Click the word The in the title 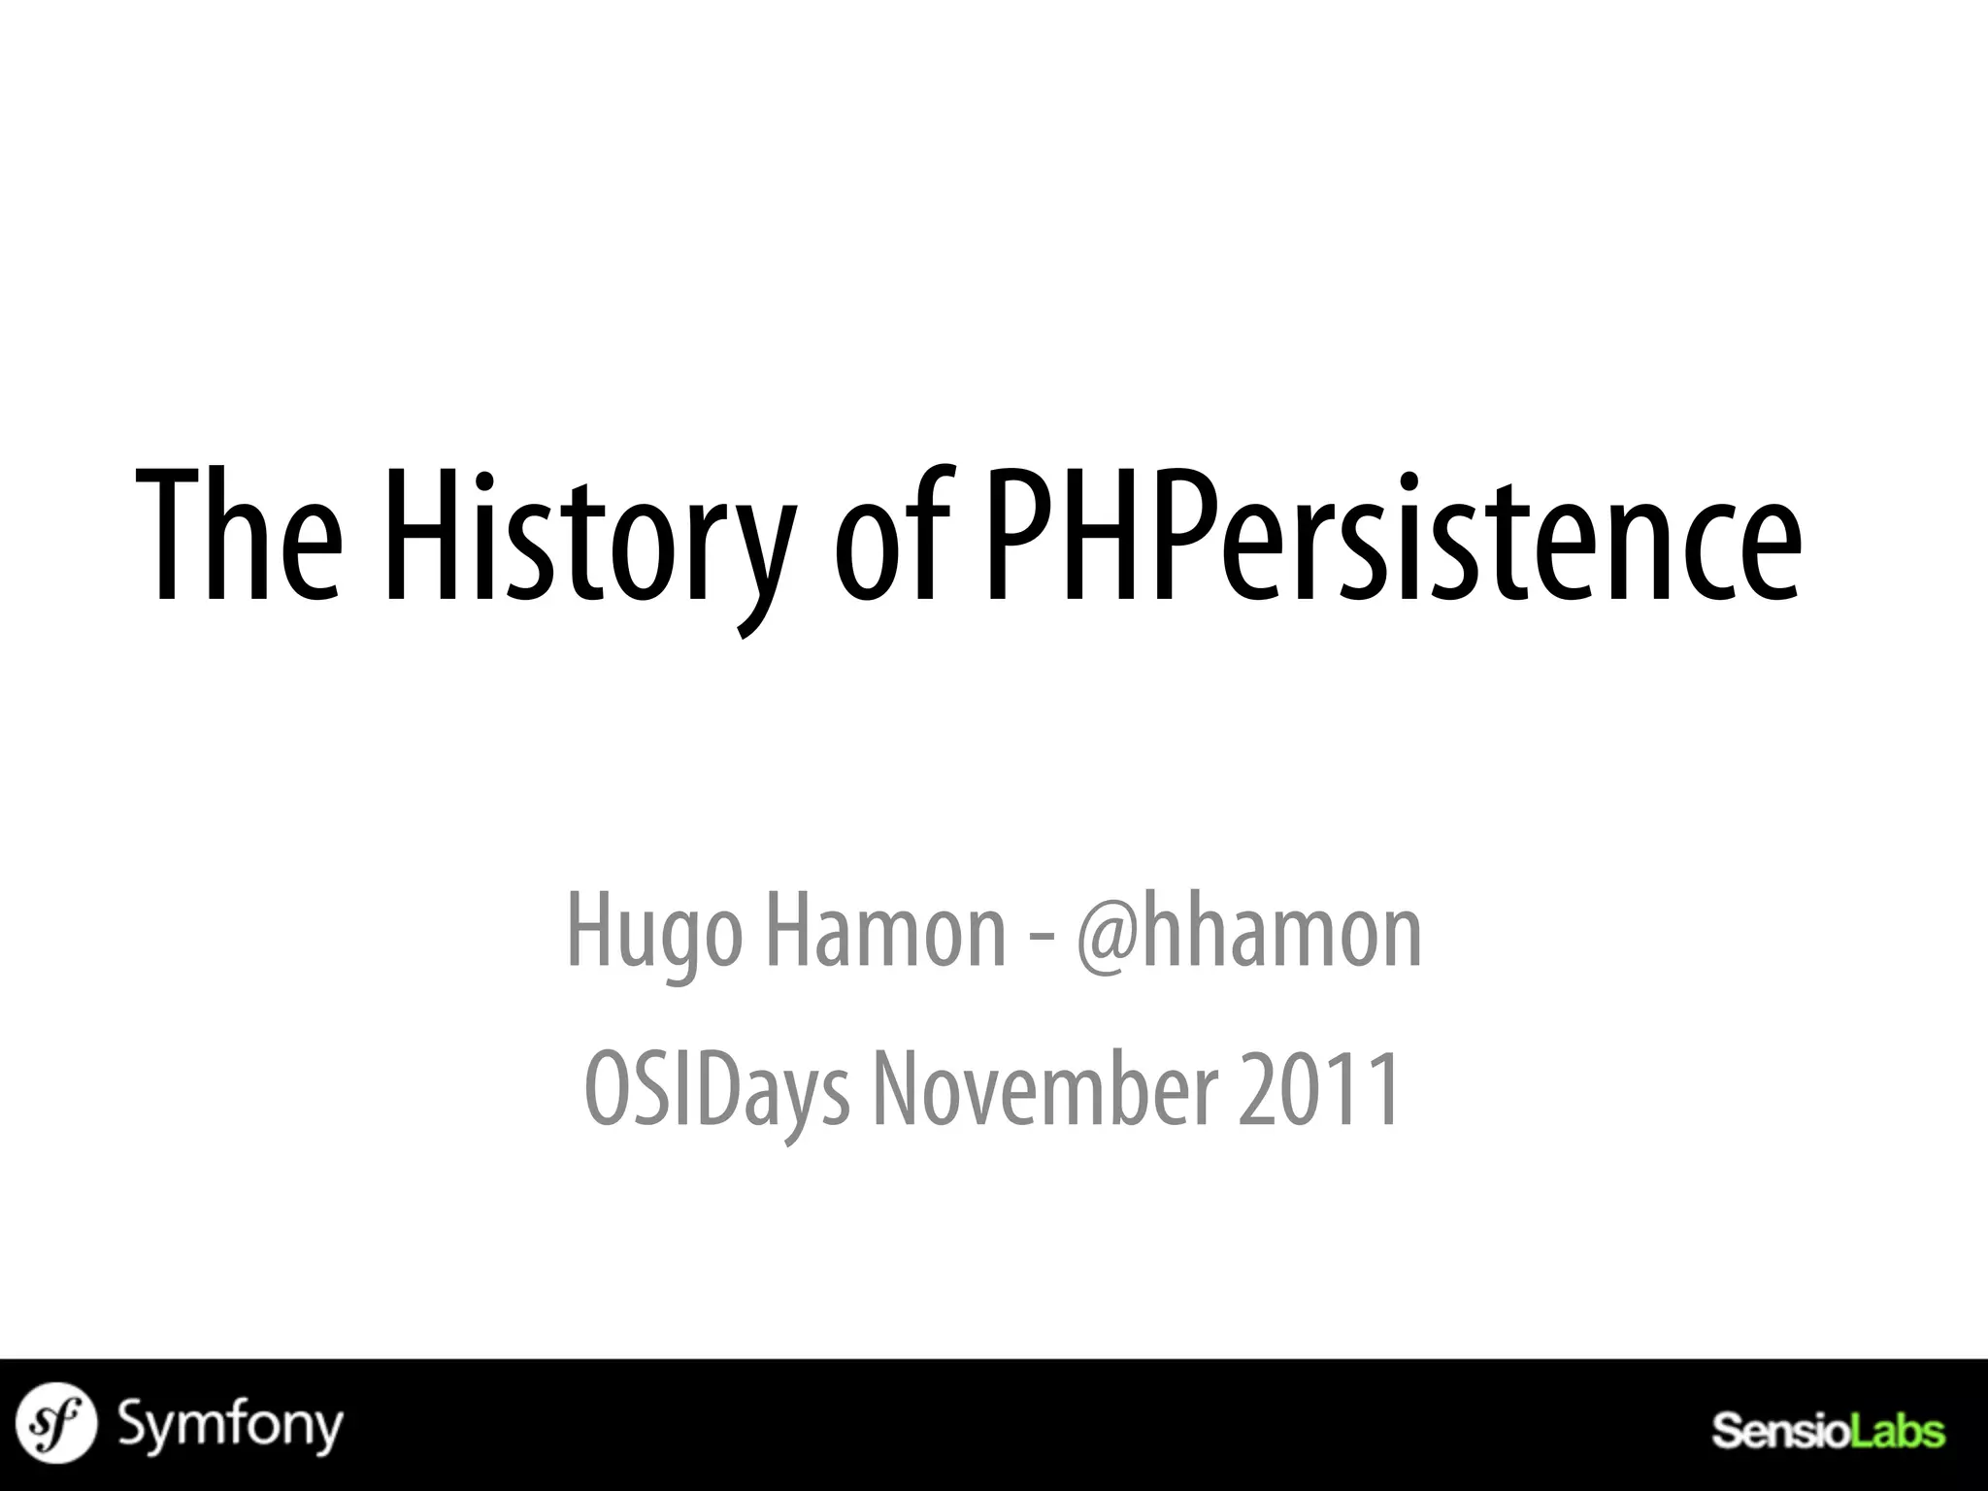239,537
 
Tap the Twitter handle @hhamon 1248,932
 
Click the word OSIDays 716,1089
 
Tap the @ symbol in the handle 1107,934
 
